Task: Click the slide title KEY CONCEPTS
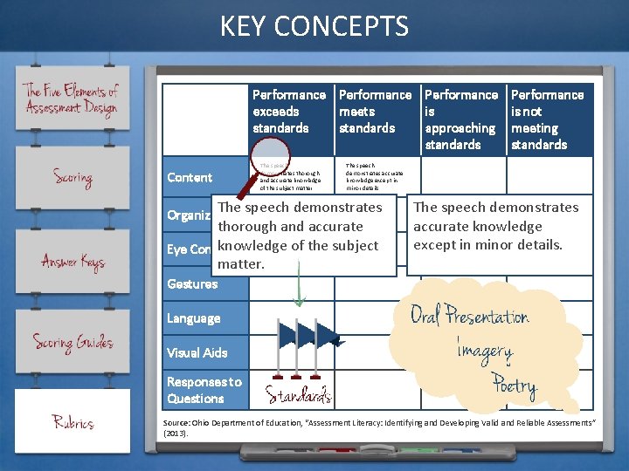[x=314, y=26]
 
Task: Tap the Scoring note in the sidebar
[x=73, y=178]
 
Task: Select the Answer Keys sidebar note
[x=73, y=261]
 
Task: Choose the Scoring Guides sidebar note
[x=73, y=342]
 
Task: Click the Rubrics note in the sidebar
[x=73, y=423]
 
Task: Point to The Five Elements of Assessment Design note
[x=73, y=99]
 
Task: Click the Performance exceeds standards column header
[x=288, y=112]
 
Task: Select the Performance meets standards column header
[x=375, y=112]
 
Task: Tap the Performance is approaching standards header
[x=460, y=119]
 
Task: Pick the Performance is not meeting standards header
[x=547, y=119]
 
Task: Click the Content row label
[x=190, y=178]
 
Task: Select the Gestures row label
[x=192, y=284]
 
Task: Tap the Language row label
[x=194, y=318]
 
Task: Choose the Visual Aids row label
[x=197, y=353]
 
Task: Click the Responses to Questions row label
[x=204, y=390]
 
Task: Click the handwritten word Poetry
[x=514, y=385]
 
